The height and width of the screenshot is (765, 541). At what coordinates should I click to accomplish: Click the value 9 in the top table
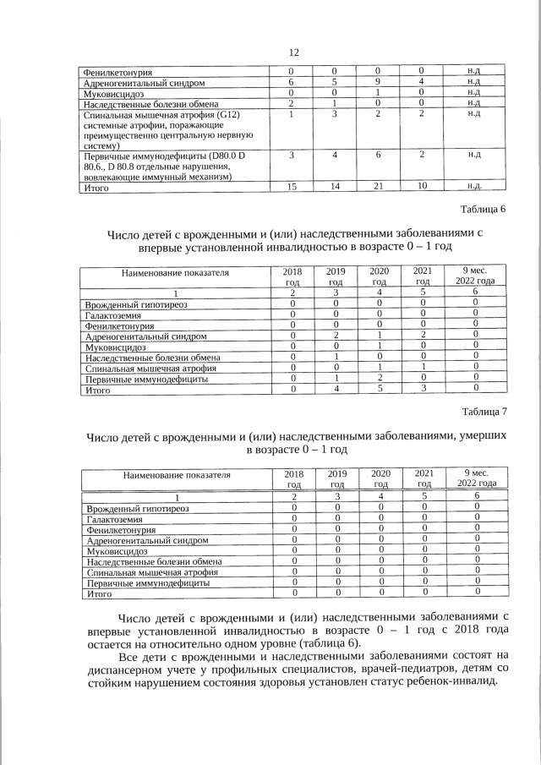379,83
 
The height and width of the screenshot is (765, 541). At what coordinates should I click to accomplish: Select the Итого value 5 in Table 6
380,390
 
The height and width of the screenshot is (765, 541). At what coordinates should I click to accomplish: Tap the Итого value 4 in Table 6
336,390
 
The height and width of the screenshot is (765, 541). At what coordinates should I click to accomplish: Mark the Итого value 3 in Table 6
424,390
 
